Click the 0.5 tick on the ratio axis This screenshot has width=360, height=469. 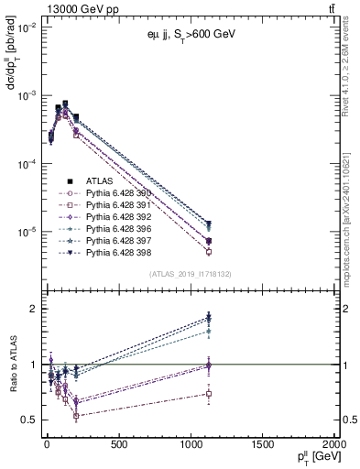click(27, 420)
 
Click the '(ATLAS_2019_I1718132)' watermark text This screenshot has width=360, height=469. click(190, 273)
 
